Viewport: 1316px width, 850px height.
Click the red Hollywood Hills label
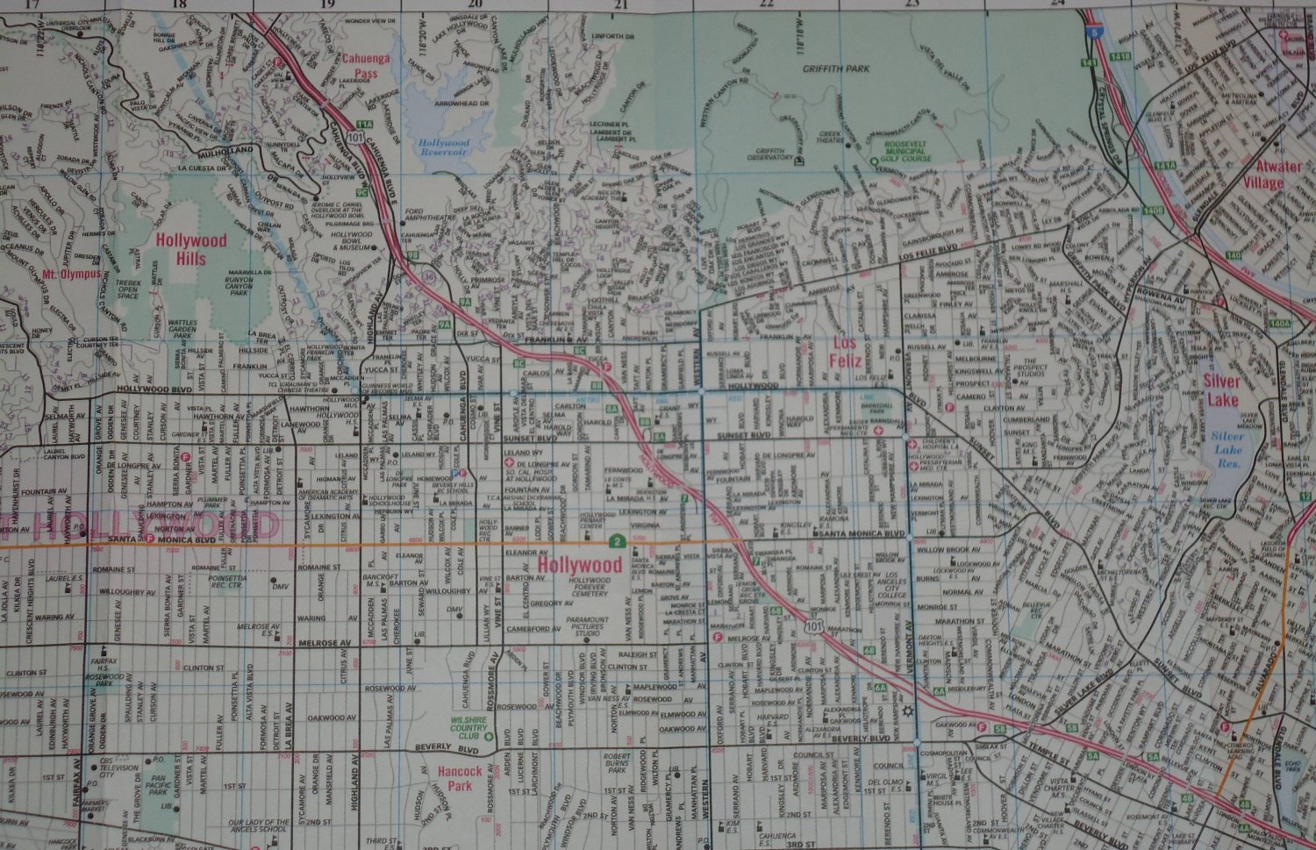point(191,249)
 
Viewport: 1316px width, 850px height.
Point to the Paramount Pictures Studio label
point(587,625)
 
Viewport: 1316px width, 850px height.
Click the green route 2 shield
point(618,539)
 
